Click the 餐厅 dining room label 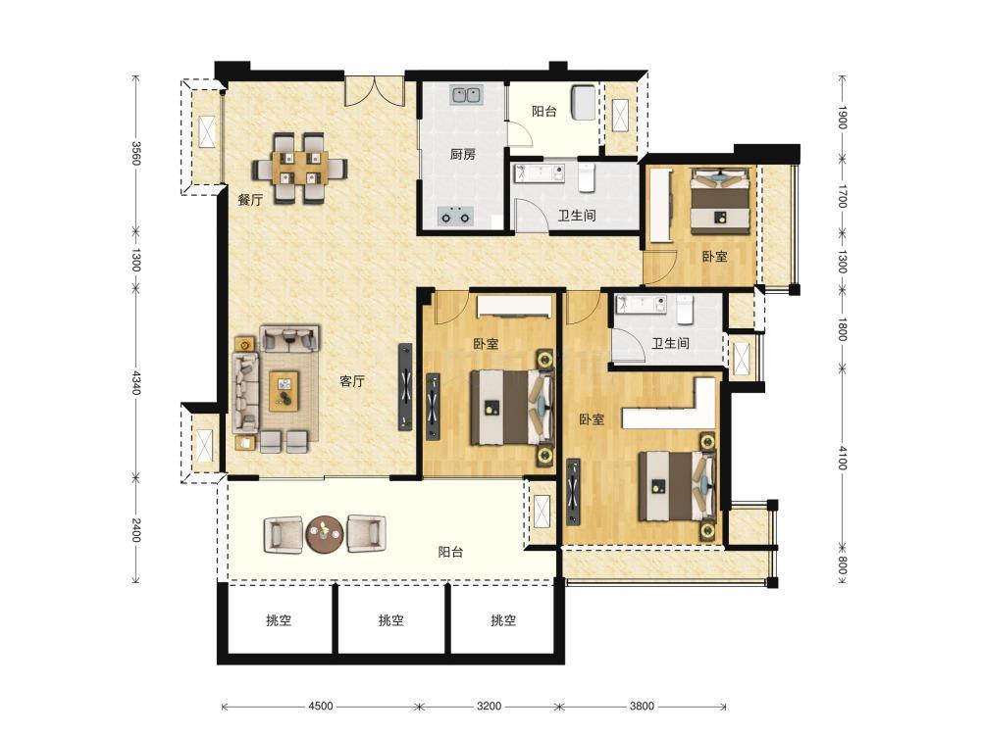coord(249,200)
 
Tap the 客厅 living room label coord(351,380)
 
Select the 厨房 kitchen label coord(462,154)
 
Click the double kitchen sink coord(465,95)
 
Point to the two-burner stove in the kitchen coord(456,217)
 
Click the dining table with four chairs coord(299,169)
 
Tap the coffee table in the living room coord(284,391)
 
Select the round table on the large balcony coord(324,534)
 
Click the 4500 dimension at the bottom coord(321,707)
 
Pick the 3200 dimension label coord(489,707)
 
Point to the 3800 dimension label coord(642,707)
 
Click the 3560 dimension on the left coord(135,153)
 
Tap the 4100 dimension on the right coord(842,458)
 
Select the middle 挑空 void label coord(390,620)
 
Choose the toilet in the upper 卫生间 coord(586,177)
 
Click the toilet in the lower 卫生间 coord(685,310)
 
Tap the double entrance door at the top coord(374,91)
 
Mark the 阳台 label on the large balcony coord(450,552)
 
